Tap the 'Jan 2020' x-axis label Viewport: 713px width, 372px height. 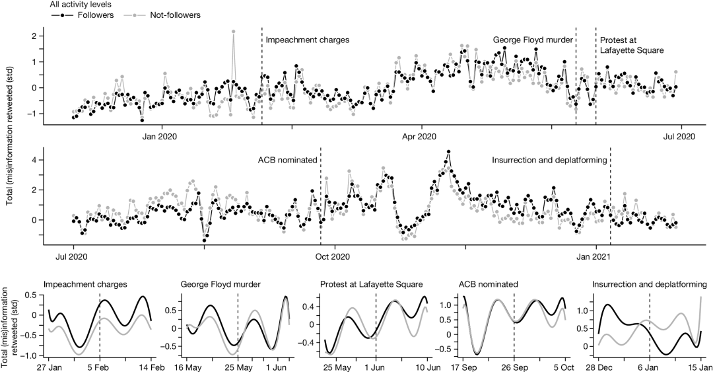161,137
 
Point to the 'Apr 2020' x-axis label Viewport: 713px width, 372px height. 418,137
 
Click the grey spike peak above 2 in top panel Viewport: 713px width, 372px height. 233,31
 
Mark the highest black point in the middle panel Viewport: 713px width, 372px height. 448,152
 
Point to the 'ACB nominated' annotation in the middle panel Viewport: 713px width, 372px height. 288,160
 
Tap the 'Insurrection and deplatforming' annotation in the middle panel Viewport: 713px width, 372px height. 549,160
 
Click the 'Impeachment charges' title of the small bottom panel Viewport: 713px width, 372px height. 85,285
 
